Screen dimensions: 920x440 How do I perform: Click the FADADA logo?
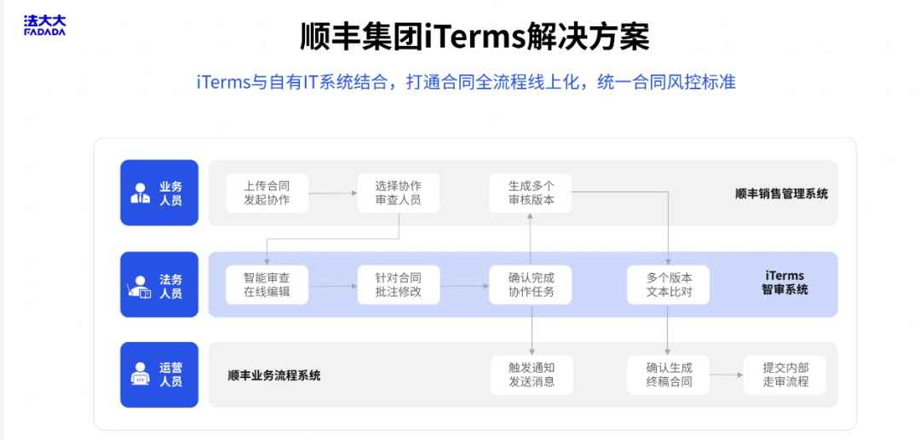pyautogui.click(x=44, y=26)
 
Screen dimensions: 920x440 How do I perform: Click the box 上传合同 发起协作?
pyautogui.click(x=267, y=193)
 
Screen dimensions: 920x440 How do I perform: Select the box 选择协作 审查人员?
pyautogui.click(x=399, y=193)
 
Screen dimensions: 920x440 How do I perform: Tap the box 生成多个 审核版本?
pyautogui.click(x=531, y=193)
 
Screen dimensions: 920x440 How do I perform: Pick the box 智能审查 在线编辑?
pyautogui.click(x=267, y=285)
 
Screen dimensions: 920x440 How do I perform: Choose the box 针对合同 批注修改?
pyautogui.click(x=399, y=285)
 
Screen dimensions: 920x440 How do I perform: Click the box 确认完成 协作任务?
pyautogui.click(x=531, y=285)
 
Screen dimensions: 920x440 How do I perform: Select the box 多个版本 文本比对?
pyautogui.click(x=669, y=285)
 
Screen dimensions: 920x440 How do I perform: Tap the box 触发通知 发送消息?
pyautogui.click(x=532, y=375)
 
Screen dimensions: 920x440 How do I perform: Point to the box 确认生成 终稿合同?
pyautogui.click(x=669, y=375)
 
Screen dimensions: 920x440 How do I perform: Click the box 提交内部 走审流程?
pyautogui.click(x=785, y=375)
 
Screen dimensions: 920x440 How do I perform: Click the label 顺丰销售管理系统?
pyautogui.click(x=781, y=194)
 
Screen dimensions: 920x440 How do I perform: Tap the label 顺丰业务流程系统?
pyautogui.click(x=274, y=375)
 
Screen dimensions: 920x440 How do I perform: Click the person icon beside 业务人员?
pyautogui.click(x=141, y=193)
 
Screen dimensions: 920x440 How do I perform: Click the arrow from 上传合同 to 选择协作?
pyautogui.click(x=333, y=192)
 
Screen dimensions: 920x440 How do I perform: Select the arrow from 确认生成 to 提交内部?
pyautogui.click(x=727, y=375)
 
